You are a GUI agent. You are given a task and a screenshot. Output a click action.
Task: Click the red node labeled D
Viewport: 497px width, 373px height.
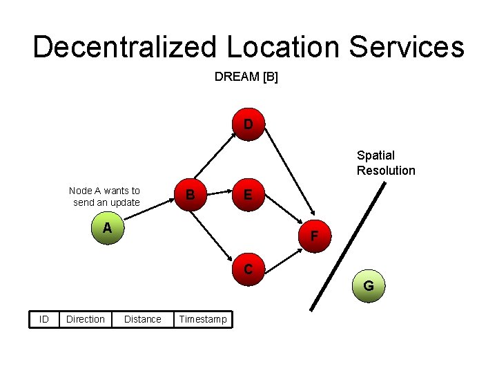pyautogui.click(x=247, y=124)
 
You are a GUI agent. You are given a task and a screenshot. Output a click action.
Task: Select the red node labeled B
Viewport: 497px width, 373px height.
pyautogui.click(x=190, y=196)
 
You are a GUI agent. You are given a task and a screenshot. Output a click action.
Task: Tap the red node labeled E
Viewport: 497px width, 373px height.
pyautogui.click(x=247, y=196)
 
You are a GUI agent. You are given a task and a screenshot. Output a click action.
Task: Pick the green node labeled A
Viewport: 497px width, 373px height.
pyautogui.click(x=107, y=229)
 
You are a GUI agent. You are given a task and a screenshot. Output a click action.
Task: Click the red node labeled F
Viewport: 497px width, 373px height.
pyautogui.click(x=314, y=236)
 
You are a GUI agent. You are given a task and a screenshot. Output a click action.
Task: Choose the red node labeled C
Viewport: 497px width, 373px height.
pyautogui.click(x=247, y=269)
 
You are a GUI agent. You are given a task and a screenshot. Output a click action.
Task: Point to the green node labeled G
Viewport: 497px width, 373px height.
pyautogui.click(x=369, y=285)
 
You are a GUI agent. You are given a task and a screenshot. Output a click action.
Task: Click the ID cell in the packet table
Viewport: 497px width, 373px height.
pyautogui.click(x=44, y=319)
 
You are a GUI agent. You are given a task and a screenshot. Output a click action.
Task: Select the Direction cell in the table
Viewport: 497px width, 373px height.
pyautogui.click(x=85, y=319)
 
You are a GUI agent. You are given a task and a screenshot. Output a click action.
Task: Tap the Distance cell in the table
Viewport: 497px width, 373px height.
pyautogui.click(x=142, y=319)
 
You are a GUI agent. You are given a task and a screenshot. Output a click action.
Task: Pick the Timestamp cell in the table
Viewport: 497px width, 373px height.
pyautogui.click(x=203, y=319)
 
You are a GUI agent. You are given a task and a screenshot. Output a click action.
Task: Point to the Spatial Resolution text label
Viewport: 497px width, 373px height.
pyautogui.click(x=386, y=163)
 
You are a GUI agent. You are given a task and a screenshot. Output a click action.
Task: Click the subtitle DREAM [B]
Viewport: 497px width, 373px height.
pyautogui.click(x=246, y=77)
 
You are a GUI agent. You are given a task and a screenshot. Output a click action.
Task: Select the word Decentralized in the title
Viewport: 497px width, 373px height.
pyautogui.click(x=124, y=47)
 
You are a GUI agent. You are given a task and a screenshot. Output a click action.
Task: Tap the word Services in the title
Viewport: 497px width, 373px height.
pyautogui.click(x=407, y=47)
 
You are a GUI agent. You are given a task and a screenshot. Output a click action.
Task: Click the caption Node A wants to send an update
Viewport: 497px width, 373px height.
pyautogui.click(x=105, y=196)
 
